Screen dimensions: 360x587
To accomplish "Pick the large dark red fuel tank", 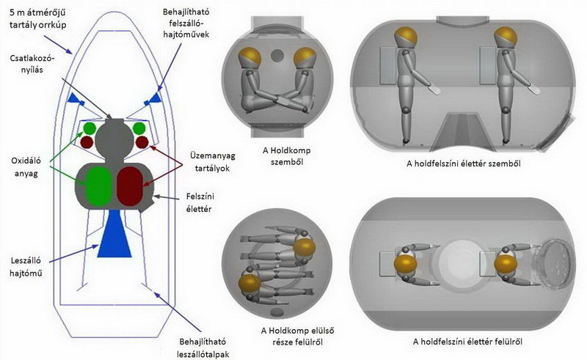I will (x=134, y=185).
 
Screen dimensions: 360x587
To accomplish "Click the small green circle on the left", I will (x=90, y=128).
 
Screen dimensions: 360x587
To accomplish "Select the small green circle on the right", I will (x=139, y=128).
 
